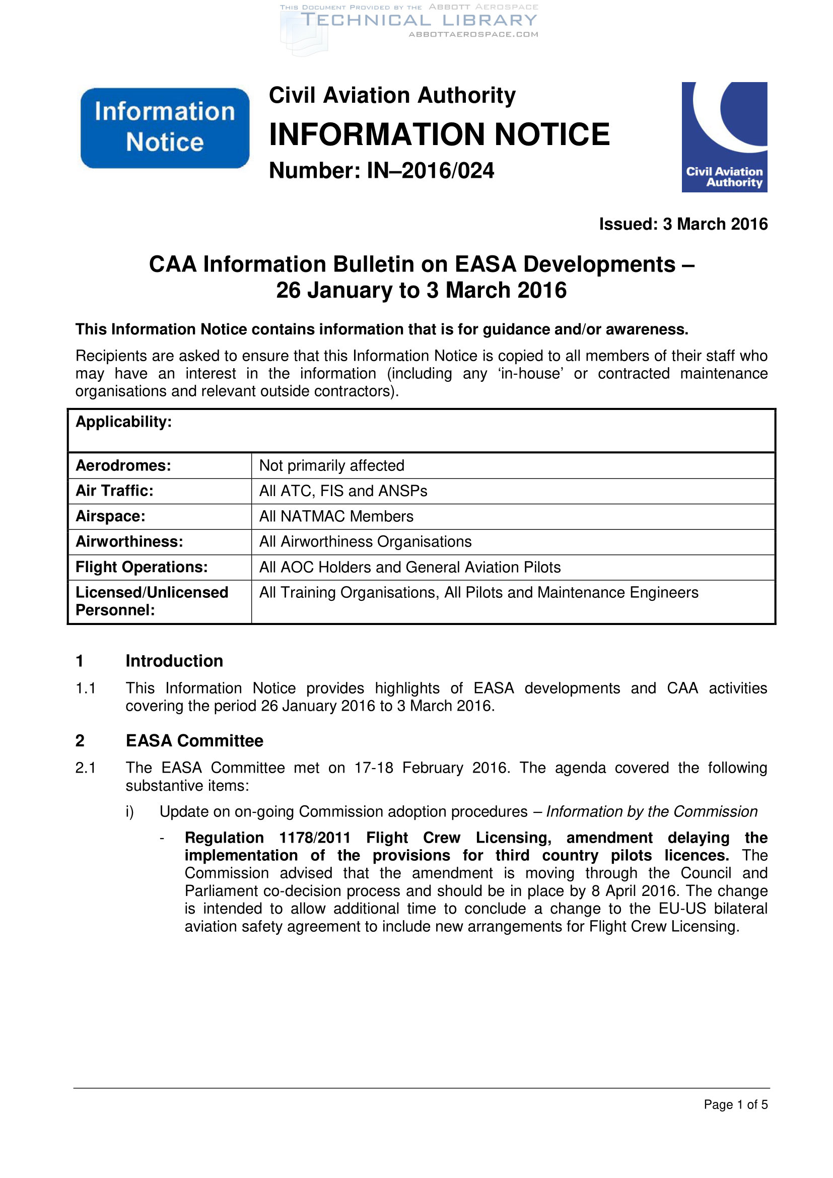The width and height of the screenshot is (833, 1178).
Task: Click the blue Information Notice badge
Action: click(x=165, y=128)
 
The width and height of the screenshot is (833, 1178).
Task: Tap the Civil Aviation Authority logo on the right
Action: click(x=724, y=137)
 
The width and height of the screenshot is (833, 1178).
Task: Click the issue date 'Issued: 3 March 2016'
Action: click(x=683, y=224)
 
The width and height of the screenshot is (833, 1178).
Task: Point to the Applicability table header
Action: click(x=123, y=422)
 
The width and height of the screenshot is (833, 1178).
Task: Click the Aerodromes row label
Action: click(x=123, y=465)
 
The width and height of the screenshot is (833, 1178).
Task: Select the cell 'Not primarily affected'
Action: click(x=331, y=465)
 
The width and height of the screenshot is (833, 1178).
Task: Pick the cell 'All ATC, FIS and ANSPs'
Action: click(x=342, y=491)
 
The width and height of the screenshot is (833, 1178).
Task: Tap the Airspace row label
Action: click(x=110, y=516)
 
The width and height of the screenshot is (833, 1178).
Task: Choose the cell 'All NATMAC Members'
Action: click(x=336, y=516)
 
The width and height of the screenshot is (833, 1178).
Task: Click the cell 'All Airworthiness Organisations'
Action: click(x=365, y=542)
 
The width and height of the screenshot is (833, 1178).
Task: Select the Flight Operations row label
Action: click(x=142, y=567)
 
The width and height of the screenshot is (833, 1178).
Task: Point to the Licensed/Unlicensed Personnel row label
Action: click(x=151, y=601)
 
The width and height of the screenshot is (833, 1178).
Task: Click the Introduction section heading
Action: click(x=174, y=661)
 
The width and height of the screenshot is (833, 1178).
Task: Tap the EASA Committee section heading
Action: click(x=194, y=741)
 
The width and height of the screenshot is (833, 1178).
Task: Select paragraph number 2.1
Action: click(x=85, y=768)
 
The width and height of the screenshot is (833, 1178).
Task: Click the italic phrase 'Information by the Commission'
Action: click(x=651, y=812)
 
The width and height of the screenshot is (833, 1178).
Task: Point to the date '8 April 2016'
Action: click(x=636, y=891)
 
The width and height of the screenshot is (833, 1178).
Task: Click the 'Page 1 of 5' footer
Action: click(x=735, y=1104)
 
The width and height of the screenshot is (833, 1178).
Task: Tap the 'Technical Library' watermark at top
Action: click(x=418, y=21)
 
